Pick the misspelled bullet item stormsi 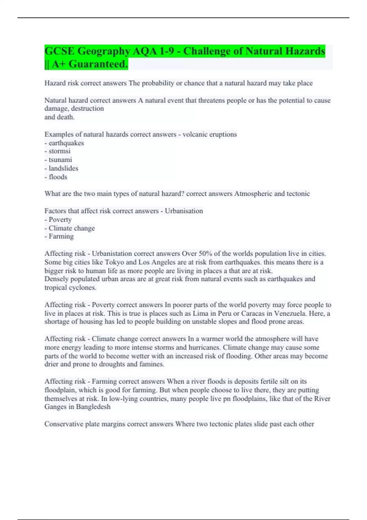pyautogui.click(x=59, y=151)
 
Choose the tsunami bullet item pyautogui.click(x=60, y=160)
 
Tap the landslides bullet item pyautogui.click(x=63, y=168)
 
